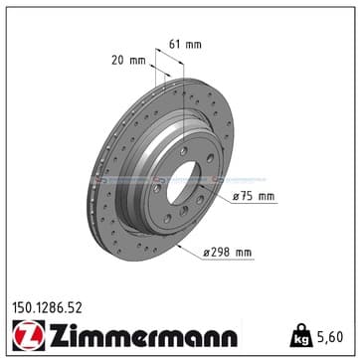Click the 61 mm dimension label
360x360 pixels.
click(x=185, y=44)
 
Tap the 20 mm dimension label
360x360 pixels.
click(x=128, y=61)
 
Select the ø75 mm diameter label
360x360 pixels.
click(x=254, y=197)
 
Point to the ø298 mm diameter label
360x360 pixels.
click(x=228, y=253)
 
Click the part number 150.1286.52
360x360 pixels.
click(x=47, y=308)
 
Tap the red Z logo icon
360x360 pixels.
click(x=29, y=335)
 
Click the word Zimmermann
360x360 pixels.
click(x=143, y=335)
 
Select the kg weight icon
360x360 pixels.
click(x=301, y=335)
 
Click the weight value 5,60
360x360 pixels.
click(x=330, y=337)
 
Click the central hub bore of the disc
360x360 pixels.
click(x=183, y=183)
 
